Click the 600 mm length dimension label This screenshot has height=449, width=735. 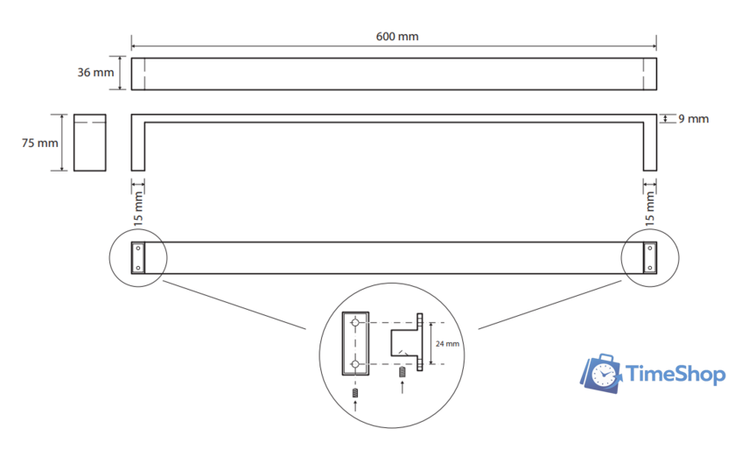click(397, 37)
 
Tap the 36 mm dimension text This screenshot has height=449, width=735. click(95, 73)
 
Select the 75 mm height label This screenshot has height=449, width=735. click(40, 143)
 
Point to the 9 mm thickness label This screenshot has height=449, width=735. click(693, 119)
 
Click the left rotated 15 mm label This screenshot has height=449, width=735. click(138, 208)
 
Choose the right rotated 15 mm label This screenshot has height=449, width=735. click(649, 208)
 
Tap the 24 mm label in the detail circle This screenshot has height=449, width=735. click(447, 344)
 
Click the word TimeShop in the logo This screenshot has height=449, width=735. click(675, 375)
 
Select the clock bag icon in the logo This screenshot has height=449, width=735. click(601, 374)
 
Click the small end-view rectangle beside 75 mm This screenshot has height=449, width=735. click(89, 143)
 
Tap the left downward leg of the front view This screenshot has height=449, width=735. click(138, 147)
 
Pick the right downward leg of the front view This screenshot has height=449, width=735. click(649, 147)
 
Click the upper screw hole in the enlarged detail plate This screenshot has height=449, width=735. click(355, 323)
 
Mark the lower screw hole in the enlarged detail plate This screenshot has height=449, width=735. click(355, 364)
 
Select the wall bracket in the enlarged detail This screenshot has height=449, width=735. click(407, 342)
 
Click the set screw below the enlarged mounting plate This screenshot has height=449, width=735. click(355, 393)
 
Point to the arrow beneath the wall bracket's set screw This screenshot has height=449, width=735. click(402, 388)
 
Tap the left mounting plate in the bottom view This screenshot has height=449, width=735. click(138, 258)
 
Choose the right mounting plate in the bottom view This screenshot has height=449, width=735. click(649, 258)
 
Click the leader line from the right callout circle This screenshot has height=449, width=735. click(549, 305)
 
